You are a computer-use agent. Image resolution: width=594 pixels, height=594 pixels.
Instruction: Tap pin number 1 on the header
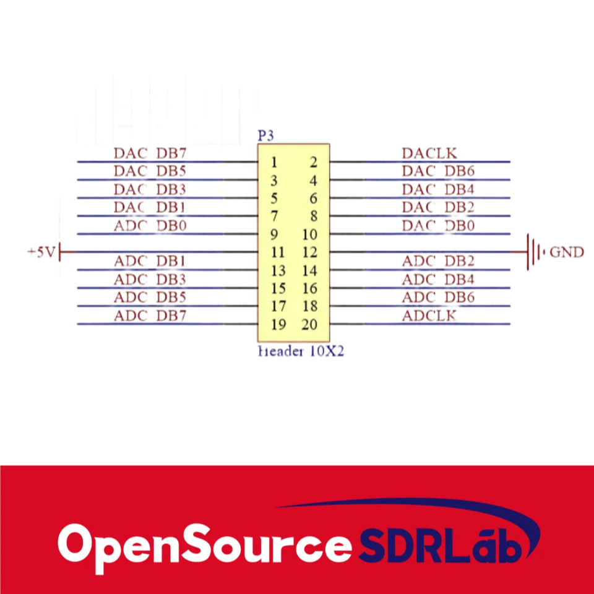(x=273, y=163)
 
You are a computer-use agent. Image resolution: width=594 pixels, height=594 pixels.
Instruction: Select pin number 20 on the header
(x=309, y=325)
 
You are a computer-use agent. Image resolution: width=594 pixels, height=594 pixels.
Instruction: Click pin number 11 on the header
(x=278, y=252)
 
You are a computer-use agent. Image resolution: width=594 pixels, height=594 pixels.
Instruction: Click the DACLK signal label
(x=429, y=153)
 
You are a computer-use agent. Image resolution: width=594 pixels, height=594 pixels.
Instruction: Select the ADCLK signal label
(x=429, y=316)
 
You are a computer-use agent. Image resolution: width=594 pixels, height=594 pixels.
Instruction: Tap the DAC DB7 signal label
(x=150, y=153)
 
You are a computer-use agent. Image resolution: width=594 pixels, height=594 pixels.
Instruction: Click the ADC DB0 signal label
(x=150, y=226)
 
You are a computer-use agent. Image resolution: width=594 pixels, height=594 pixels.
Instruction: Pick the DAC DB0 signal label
(x=438, y=226)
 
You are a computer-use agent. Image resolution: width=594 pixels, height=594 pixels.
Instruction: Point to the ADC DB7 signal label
(x=150, y=316)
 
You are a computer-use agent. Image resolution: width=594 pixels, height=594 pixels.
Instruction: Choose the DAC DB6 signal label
(x=438, y=171)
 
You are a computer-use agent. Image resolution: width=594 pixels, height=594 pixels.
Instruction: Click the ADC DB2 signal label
(x=438, y=261)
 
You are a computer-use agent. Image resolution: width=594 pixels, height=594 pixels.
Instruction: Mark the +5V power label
(x=41, y=252)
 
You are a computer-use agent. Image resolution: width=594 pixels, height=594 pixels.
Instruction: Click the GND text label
(x=566, y=252)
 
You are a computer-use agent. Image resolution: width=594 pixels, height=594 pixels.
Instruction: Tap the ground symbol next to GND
(x=534, y=252)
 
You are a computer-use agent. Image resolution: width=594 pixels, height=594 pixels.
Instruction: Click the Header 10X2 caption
(x=301, y=352)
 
